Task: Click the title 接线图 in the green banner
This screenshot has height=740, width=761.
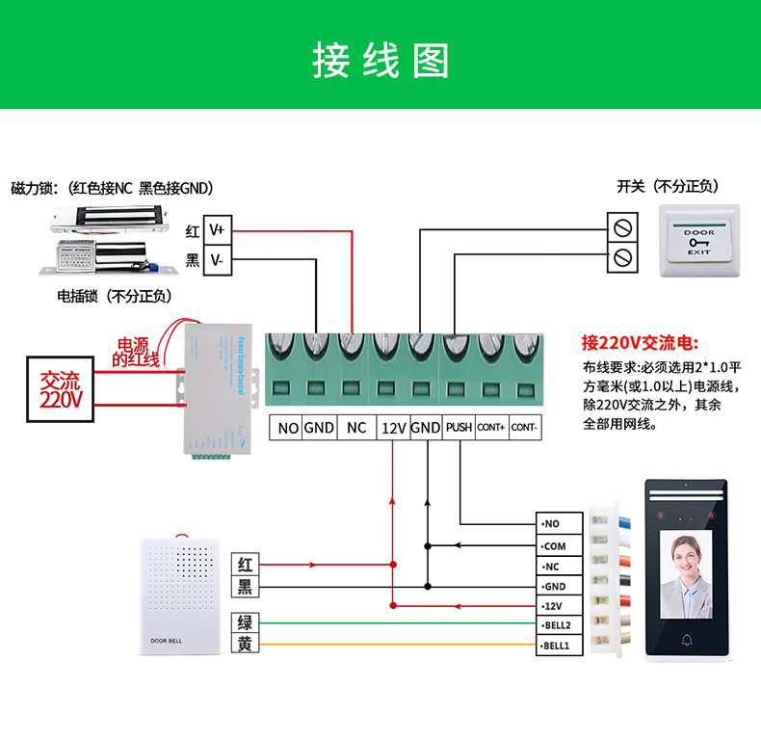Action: click(380, 60)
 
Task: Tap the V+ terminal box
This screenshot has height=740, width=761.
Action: click(217, 230)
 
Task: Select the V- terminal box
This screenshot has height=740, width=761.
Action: click(217, 260)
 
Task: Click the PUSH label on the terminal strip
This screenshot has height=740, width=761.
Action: click(459, 428)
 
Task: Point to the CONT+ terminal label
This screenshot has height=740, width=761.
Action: click(491, 428)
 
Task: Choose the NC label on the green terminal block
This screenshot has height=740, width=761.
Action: click(356, 428)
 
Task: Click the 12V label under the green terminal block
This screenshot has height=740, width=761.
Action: click(393, 428)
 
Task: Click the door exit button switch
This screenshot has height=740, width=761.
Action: click(699, 242)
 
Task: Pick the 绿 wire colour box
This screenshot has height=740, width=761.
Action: click(245, 623)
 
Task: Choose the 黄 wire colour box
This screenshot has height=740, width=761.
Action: click(245, 645)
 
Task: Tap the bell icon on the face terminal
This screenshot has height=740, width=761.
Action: click(687, 640)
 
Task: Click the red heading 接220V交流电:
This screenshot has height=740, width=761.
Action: click(640, 343)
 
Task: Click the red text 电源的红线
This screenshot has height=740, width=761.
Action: click(136, 352)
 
